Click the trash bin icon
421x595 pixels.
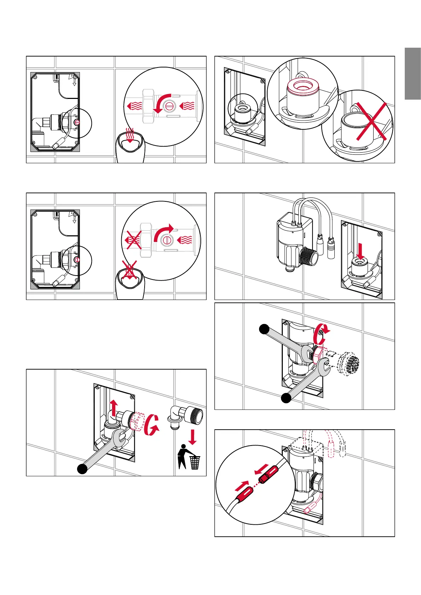pyautogui.click(x=195, y=463)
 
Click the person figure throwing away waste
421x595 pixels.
pyautogui.click(x=183, y=457)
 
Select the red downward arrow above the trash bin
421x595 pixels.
pyautogui.click(x=192, y=437)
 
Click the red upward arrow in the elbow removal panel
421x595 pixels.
pyautogui.click(x=113, y=408)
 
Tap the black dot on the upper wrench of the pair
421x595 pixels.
pyautogui.click(x=264, y=329)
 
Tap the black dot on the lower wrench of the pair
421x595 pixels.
pyautogui.click(x=286, y=398)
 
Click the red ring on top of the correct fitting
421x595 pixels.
pyautogui.click(x=303, y=86)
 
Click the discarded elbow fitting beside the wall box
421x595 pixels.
pyautogui.click(x=186, y=417)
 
